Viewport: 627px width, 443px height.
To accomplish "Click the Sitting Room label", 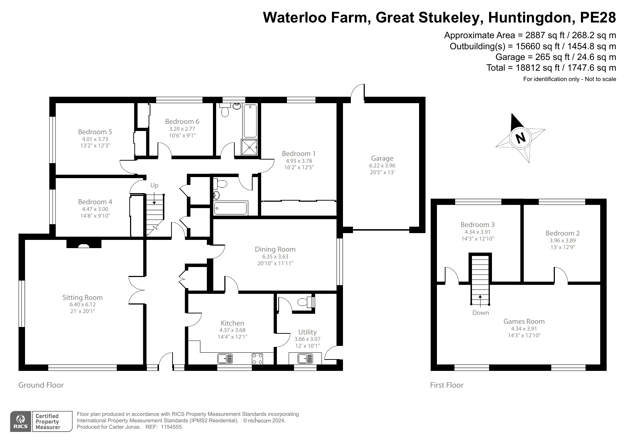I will click(x=83, y=297).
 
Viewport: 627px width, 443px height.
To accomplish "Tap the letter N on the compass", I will click(x=521, y=138).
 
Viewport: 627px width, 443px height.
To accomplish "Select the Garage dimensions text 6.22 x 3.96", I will click(x=382, y=166).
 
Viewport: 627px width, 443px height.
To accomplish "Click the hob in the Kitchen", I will click(x=257, y=358).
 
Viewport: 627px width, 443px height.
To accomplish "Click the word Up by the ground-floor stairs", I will click(x=154, y=185).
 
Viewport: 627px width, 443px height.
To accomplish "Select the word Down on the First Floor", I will click(x=481, y=313).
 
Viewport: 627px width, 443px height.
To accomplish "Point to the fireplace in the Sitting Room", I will click(x=84, y=245).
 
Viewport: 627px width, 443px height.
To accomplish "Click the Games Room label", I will click(x=524, y=321).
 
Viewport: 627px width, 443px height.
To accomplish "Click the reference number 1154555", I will click(x=171, y=427).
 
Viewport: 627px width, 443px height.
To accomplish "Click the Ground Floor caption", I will click(x=41, y=385).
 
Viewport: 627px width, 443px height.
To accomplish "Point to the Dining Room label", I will click(x=275, y=249).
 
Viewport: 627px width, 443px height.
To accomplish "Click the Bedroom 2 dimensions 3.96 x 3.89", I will click(x=562, y=241).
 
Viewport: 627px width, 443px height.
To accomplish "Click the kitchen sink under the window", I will click(x=225, y=358).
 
